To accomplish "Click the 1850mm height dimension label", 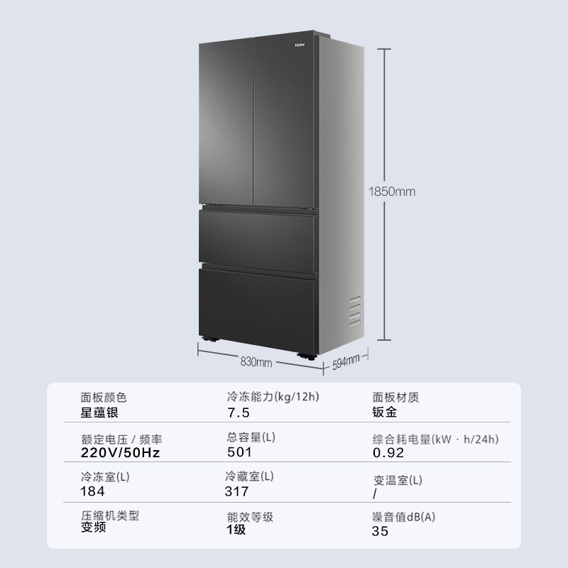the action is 392,191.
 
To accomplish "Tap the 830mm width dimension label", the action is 257,362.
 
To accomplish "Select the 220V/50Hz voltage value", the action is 120,453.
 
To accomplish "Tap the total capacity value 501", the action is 239,452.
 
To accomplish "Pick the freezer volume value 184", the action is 93,491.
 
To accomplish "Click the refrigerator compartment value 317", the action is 237,491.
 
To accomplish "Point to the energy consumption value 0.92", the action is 388,453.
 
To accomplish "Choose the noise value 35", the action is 380,530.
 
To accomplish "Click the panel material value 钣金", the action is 384,412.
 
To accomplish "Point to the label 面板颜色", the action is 104,398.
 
